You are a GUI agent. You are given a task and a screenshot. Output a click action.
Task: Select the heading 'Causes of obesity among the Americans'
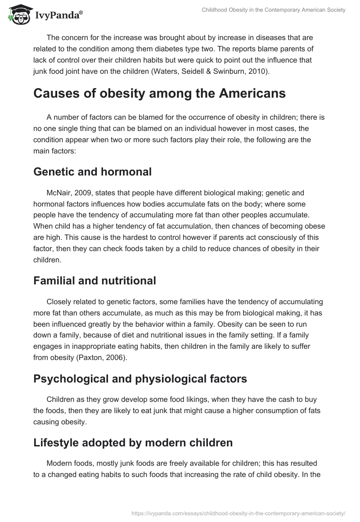159,93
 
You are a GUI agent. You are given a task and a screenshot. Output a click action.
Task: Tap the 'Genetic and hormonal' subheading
93,171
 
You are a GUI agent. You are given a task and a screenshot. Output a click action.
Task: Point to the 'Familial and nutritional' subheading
94,281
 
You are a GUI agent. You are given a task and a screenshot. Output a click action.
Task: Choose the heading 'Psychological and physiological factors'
140,378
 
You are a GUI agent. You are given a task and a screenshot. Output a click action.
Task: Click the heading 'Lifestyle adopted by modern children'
133,442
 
